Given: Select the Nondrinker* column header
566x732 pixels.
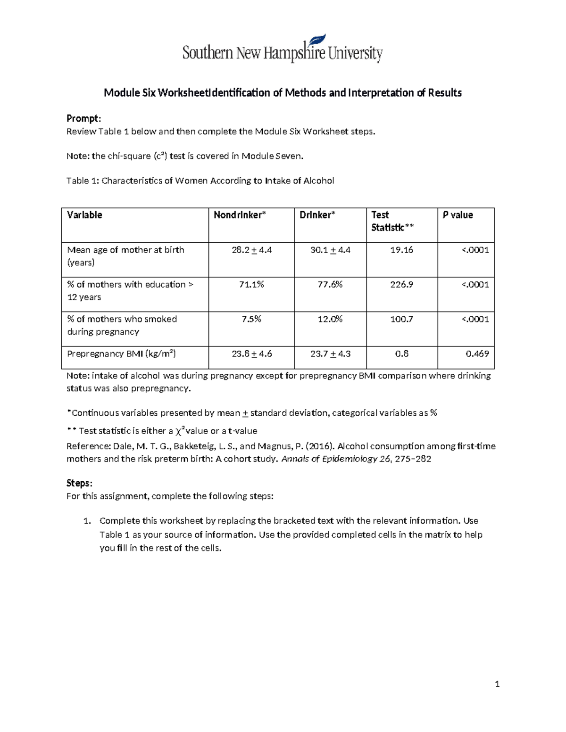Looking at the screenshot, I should click(240, 215).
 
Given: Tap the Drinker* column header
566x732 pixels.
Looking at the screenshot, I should click(317, 215).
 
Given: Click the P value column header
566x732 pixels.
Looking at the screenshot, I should click(458, 215).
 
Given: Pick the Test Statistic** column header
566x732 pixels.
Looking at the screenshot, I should click(392, 221).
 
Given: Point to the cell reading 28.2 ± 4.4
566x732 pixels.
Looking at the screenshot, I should click(251, 250).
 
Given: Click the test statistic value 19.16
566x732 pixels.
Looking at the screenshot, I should click(401, 250).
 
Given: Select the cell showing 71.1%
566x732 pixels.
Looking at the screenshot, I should click(251, 285).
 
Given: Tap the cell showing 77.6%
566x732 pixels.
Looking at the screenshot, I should click(330, 285).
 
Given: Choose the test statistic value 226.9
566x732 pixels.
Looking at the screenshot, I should click(401, 285).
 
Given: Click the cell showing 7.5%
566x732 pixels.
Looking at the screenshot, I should click(251, 319).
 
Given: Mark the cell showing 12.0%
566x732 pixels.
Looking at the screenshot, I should click(330, 319).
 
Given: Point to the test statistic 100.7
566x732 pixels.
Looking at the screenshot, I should click(401, 319).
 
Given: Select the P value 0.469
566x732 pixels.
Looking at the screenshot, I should click(477, 354).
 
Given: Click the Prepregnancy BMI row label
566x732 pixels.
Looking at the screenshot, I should click(121, 354).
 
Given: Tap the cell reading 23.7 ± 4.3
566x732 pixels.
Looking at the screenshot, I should click(330, 354).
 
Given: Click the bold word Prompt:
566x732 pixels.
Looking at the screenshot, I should click(83, 118).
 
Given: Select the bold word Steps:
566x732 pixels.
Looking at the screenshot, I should click(79, 483).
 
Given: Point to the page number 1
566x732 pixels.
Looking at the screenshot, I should click(497, 684).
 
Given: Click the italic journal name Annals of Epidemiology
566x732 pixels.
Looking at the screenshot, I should click(329, 459).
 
